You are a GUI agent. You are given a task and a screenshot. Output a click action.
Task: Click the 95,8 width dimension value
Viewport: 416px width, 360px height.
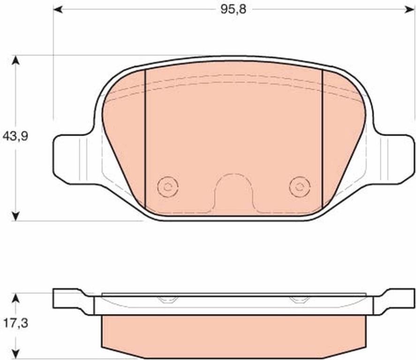pyautogui.click(x=233, y=9)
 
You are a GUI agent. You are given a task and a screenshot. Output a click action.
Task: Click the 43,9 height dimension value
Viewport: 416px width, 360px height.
pyautogui.click(x=15, y=136)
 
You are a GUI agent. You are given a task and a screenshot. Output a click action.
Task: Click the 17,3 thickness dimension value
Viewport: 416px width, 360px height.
pyautogui.click(x=15, y=323)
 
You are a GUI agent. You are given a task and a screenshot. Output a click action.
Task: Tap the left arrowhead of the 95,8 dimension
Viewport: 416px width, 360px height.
pyautogui.click(x=58, y=10)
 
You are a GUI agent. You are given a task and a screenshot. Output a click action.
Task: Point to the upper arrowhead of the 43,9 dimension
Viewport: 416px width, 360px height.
pyautogui.click(x=16, y=60)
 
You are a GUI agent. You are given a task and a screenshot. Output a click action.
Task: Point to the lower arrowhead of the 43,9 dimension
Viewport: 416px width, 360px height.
pyautogui.click(x=16, y=216)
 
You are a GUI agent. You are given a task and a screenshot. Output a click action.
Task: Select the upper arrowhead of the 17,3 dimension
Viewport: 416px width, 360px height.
pyautogui.click(x=16, y=298)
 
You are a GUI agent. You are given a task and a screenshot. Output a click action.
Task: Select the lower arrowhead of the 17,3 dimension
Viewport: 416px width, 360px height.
pyautogui.click(x=16, y=353)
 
